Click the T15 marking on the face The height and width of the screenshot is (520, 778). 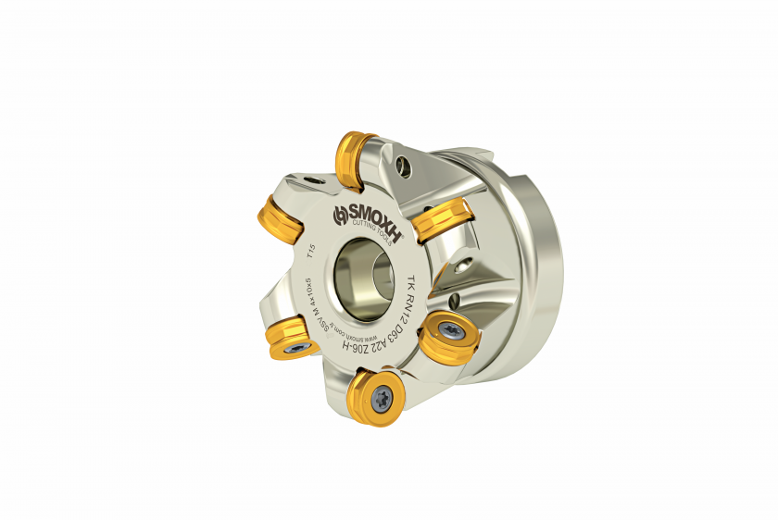click(x=311, y=254)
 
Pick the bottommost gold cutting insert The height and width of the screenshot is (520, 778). click(x=374, y=397)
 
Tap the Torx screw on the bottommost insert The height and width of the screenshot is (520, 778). click(x=382, y=398)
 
